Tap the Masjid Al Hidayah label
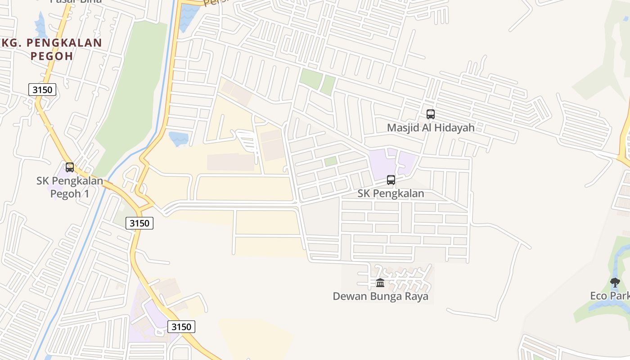[431, 128]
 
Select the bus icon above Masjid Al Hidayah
[431, 114]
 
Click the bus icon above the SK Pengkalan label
[391, 180]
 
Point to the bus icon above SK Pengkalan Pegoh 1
[70, 167]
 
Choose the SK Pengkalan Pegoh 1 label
[69, 187]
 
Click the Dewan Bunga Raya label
[380, 297]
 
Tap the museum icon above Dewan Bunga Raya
[380, 283]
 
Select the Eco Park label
[610, 296]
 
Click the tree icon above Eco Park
[615, 283]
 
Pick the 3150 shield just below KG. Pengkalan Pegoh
[43, 90]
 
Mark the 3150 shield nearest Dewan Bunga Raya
[181, 327]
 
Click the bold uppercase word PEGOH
[52, 56]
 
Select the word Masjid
[401, 128]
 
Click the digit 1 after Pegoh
[86, 194]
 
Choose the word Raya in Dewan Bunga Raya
[416, 297]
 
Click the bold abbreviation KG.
[11, 43]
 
